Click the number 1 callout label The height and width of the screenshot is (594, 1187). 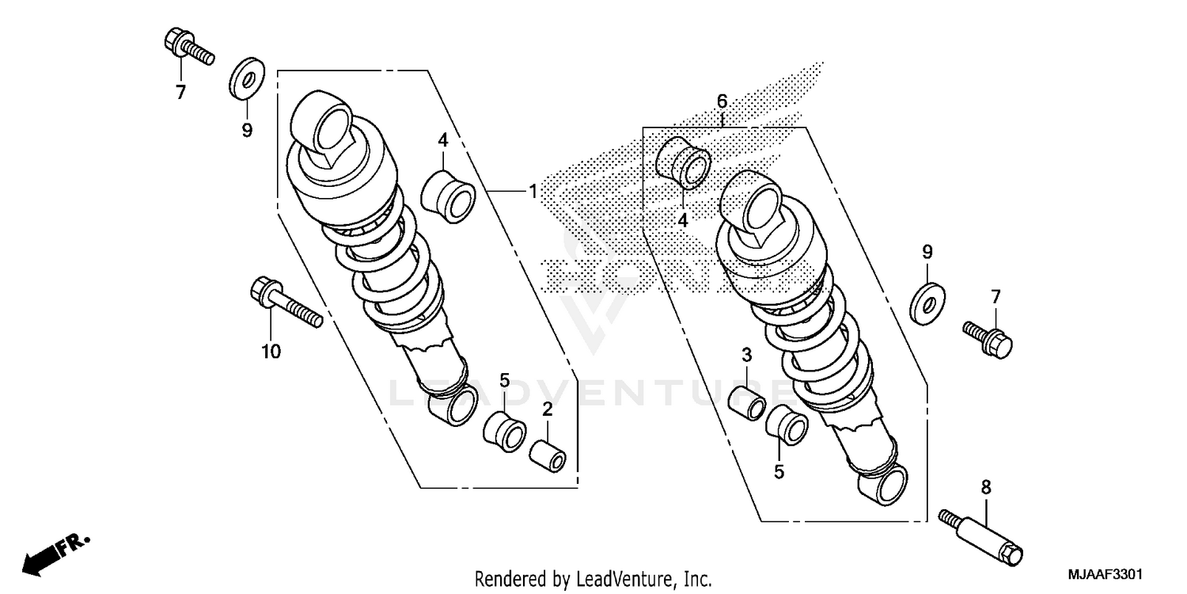[533, 191]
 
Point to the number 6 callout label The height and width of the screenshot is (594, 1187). [722, 101]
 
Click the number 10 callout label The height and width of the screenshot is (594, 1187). [271, 352]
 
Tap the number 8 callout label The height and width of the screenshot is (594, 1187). [986, 488]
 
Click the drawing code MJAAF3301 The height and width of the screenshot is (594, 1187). [1110, 572]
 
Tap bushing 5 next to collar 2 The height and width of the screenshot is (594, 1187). [505, 429]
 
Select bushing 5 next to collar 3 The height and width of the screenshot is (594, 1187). [787, 423]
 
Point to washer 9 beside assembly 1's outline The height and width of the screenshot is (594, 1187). [247, 80]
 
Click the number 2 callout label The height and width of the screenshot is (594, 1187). [547, 409]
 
